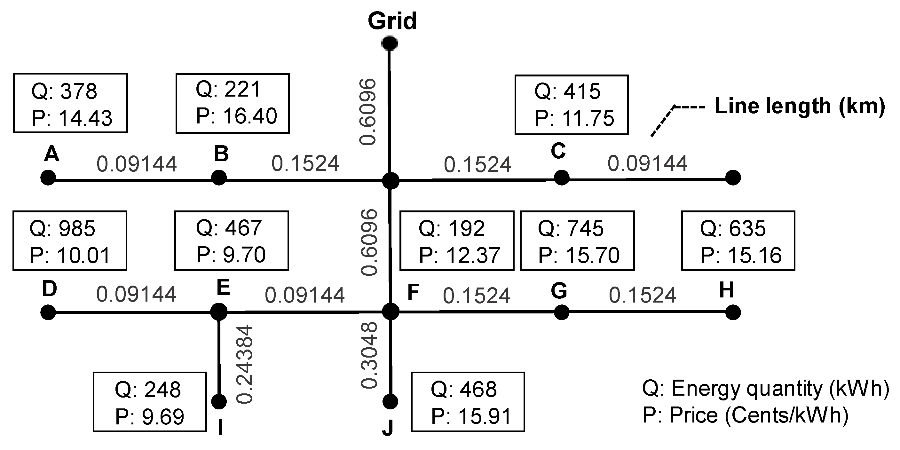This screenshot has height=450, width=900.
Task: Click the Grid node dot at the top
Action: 390,43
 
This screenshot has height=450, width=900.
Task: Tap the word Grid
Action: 392,21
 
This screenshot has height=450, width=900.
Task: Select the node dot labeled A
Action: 48,178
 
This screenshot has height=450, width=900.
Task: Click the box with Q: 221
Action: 233,103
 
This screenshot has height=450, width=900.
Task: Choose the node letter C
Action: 558,151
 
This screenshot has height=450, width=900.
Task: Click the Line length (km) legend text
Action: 799,106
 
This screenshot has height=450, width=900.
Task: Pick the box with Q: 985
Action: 70,241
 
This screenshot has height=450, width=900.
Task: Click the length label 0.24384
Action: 244,364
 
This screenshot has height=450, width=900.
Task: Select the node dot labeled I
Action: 219,402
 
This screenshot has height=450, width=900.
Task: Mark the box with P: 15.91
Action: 468,402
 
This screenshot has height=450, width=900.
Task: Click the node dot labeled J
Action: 390,402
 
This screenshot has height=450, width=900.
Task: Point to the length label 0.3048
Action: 369,355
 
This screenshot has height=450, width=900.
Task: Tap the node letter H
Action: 726,290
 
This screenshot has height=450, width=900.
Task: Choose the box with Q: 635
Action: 738,241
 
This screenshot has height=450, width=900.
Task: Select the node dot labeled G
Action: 561,312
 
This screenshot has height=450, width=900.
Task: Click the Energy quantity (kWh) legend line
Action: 765,389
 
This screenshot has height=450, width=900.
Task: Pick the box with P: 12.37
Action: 457,241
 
